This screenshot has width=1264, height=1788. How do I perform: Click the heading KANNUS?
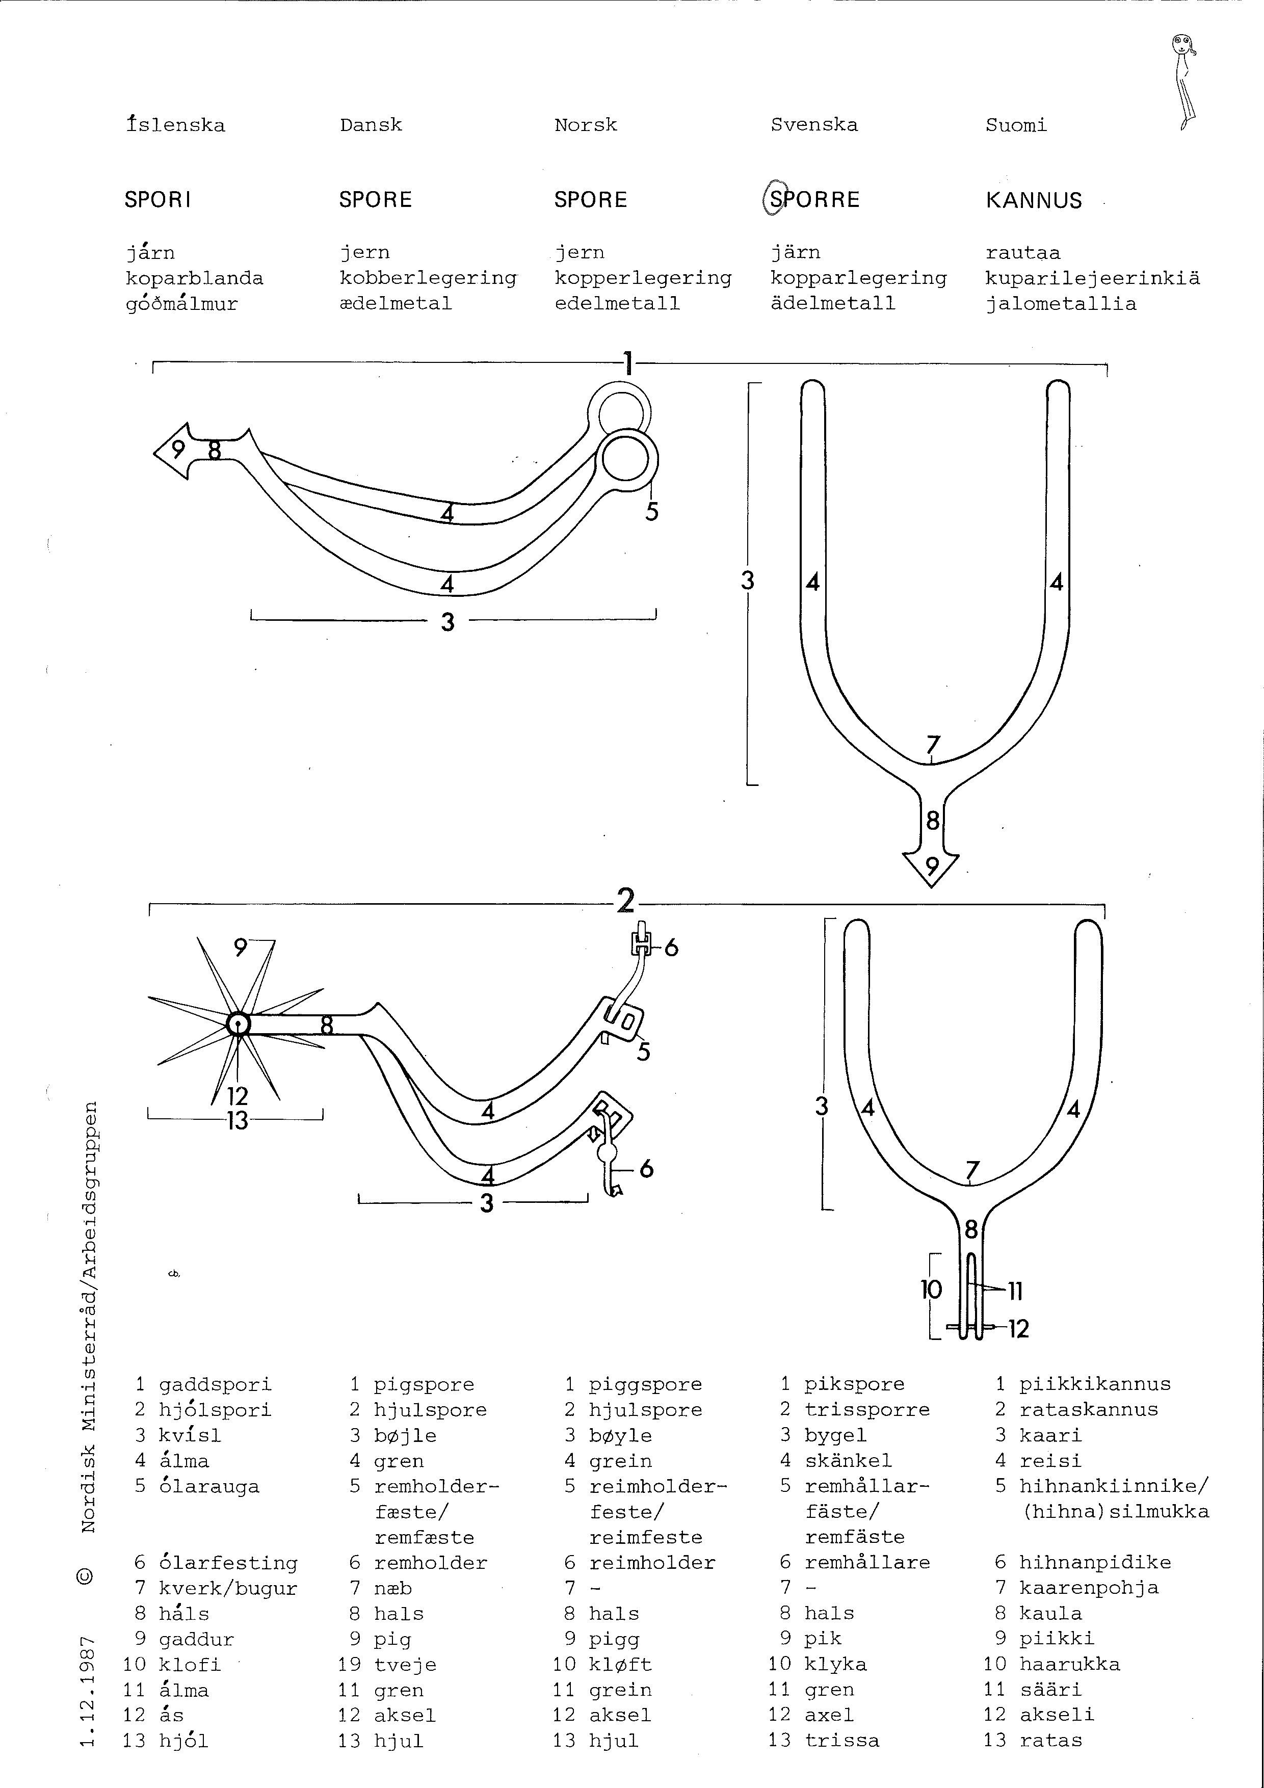click(1034, 201)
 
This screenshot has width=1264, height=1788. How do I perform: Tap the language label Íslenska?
click(175, 124)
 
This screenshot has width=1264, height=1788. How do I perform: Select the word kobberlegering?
click(428, 278)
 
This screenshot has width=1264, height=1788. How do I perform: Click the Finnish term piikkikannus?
click(1094, 1384)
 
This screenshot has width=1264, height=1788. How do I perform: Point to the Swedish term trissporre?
click(867, 1409)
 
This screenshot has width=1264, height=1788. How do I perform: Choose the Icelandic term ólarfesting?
click(228, 1563)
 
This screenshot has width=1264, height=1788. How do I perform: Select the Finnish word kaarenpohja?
click(1089, 1588)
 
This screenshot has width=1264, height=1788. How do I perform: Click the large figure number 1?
click(628, 363)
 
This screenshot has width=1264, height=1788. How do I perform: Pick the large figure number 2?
click(625, 902)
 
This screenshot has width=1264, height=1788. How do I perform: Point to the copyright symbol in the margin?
click(87, 1576)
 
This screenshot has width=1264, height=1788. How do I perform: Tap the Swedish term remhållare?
click(867, 1562)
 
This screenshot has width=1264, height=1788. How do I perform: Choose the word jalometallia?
click(1060, 304)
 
